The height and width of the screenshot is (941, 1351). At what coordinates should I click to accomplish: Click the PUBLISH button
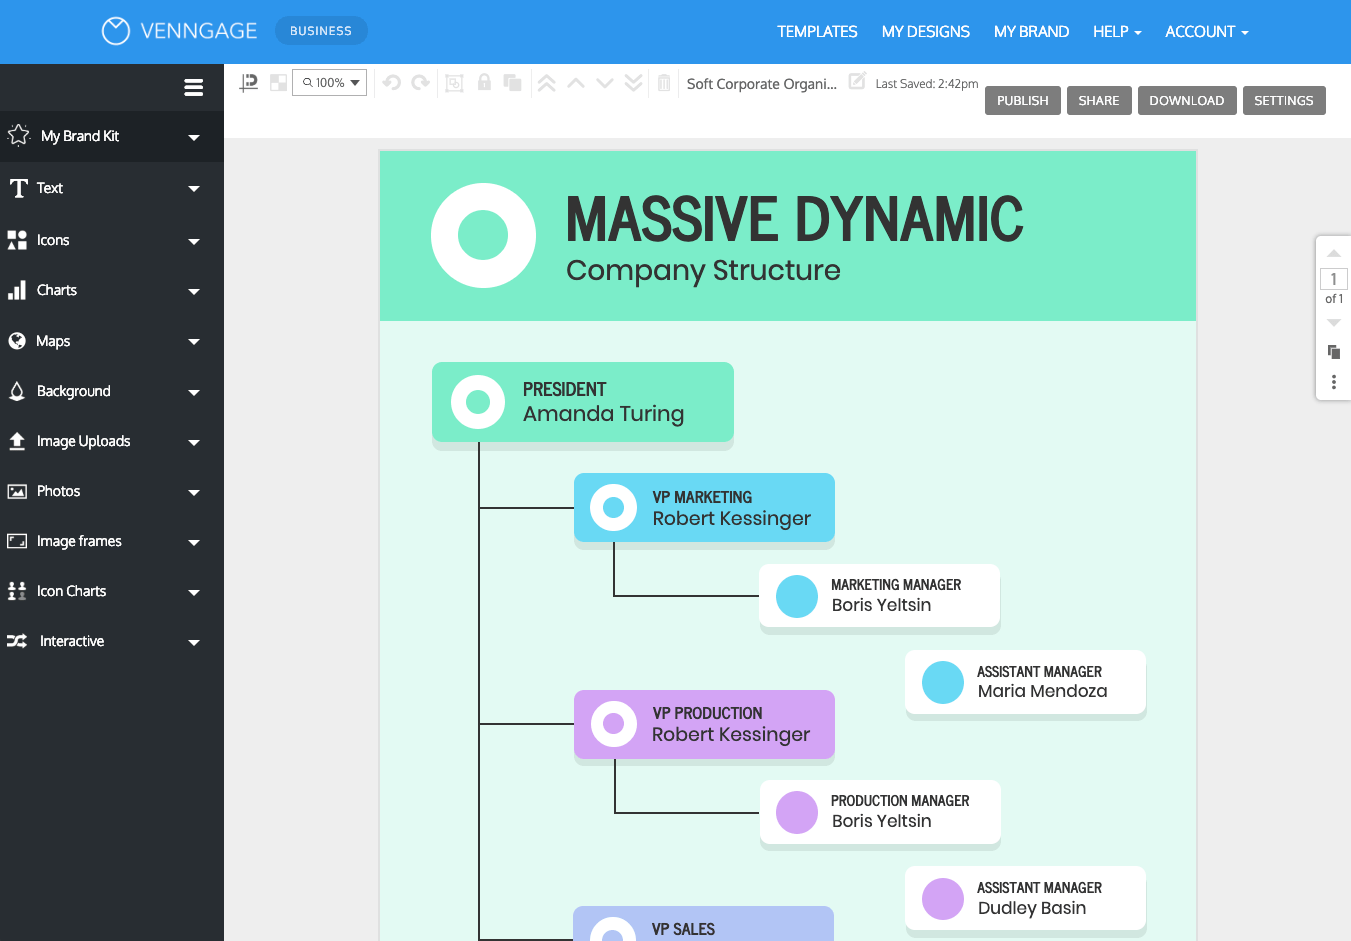pyautogui.click(x=1022, y=101)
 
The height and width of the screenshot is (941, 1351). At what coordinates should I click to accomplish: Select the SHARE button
pyautogui.click(x=1098, y=101)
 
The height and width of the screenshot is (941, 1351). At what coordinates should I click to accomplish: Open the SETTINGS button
pyautogui.click(x=1283, y=101)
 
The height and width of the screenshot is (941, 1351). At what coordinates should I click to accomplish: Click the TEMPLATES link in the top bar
pyautogui.click(x=817, y=32)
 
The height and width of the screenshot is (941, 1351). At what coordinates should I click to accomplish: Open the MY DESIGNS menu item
pyautogui.click(x=925, y=32)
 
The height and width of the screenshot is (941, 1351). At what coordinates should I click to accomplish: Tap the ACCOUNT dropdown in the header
pyautogui.click(x=1206, y=32)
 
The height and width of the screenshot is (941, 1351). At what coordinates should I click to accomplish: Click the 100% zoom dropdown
pyautogui.click(x=330, y=83)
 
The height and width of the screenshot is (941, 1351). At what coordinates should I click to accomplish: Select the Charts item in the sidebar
pyautogui.click(x=57, y=290)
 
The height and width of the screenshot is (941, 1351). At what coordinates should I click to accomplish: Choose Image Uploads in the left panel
pyautogui.click(x=83, y=441)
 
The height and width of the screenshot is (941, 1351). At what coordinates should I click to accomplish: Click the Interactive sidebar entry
pyautogui.click(x=71, y=641)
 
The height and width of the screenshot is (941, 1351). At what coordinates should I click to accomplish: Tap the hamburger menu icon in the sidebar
pyautogui.click(x=194, y=88)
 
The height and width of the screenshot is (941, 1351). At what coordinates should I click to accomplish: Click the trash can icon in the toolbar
pyautogui.click(x=664, y=83)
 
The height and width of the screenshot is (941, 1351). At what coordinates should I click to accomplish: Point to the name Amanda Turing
pyautogui.click(x=603, y=414)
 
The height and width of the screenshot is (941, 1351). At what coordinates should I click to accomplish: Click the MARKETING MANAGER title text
pyautogui.click(x=895, y=585)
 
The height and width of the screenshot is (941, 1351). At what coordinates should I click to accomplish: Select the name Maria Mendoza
pyautogui.click(x=1042, y=691)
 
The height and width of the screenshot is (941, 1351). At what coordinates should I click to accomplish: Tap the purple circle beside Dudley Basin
pyautogui.click(x=942, y=899)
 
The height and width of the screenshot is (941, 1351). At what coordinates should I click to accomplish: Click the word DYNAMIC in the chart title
pyautogui.click(x=909, y=220)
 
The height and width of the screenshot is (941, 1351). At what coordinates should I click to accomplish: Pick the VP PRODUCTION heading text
pyautogui.click(x=707, y=713)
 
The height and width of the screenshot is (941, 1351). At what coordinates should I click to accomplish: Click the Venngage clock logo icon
pyautogui.click(x=116, y=31)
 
